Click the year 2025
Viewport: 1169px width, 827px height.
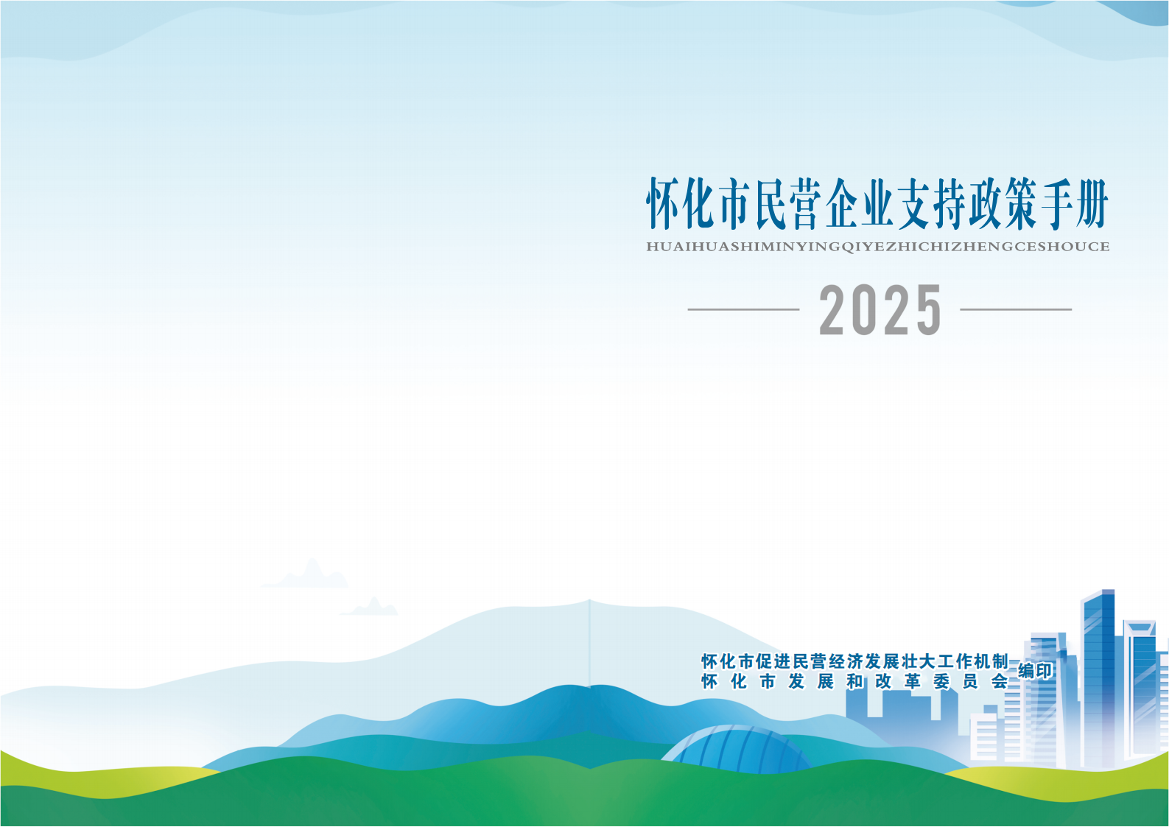[880, 309]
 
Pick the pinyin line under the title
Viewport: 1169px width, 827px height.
[878, 247]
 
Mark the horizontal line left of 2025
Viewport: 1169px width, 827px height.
[744, 309]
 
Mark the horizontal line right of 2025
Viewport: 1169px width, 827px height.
[1016, 309]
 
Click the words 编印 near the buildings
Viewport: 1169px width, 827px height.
[1036, 672]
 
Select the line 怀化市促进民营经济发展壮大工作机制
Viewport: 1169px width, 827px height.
[854, 661]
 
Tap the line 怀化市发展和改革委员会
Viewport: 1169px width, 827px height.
[854, 681]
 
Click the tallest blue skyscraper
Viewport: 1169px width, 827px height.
[1098, 678]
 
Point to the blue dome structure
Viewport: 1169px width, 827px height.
[737, 749]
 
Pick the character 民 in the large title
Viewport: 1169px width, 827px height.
[770, 204]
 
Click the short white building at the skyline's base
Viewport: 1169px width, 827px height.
[983, 736]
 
